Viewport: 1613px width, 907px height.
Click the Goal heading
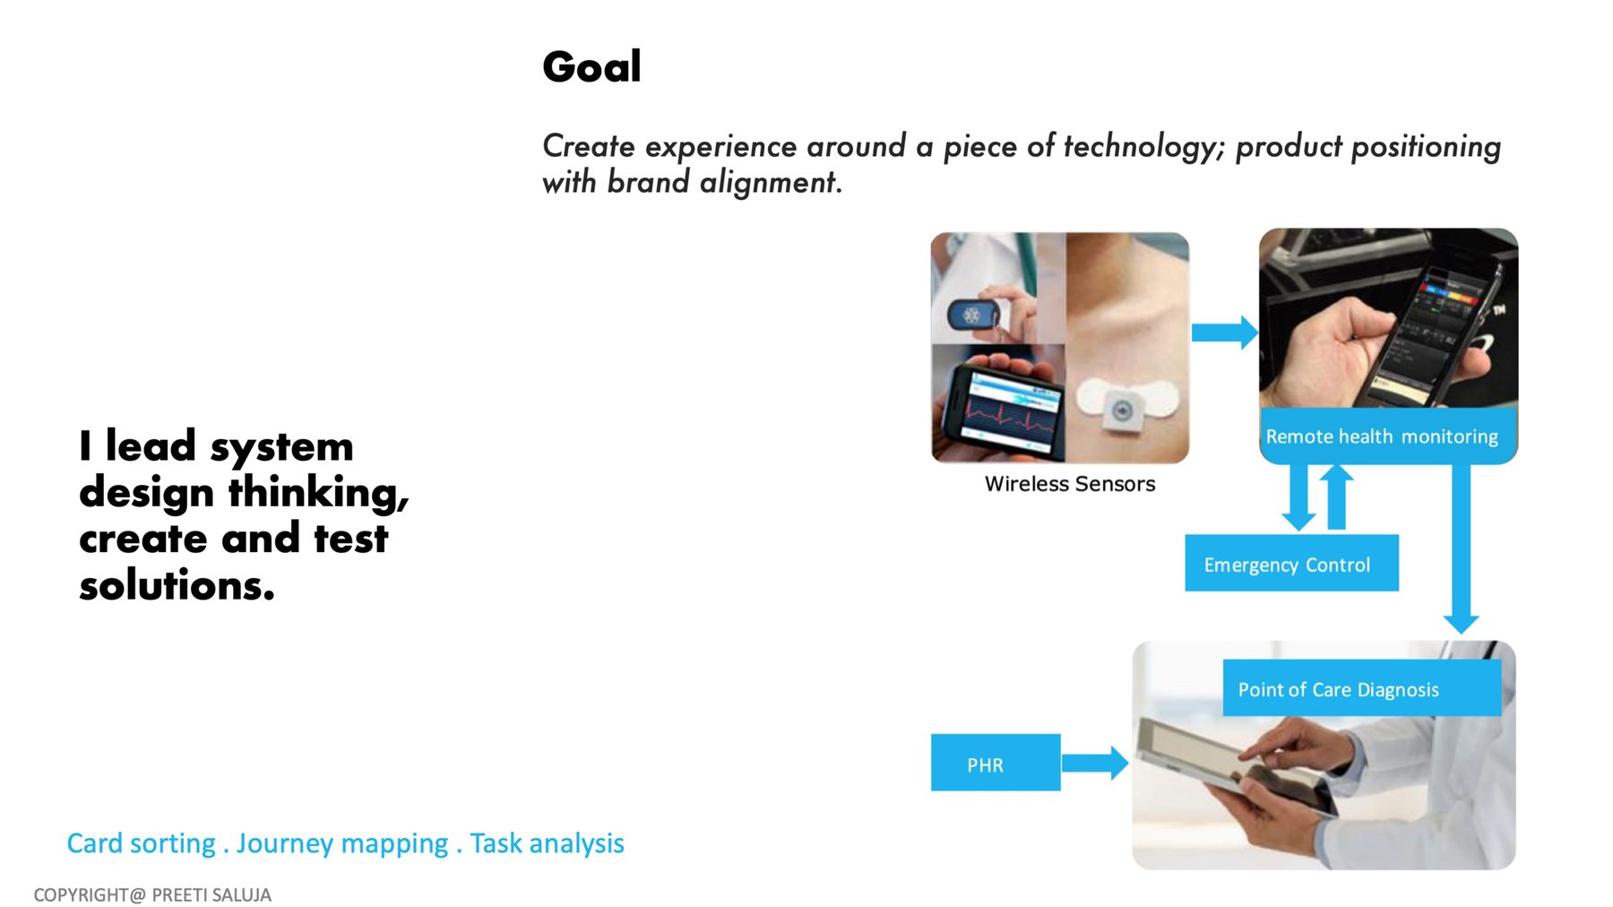[x=591, y=67]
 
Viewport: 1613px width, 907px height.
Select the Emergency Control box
[x=1291, y=563]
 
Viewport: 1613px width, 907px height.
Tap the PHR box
[x=996, y=763]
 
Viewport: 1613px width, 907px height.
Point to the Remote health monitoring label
[x=1382, y=436]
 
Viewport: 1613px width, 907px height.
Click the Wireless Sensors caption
[x=1070, y=484]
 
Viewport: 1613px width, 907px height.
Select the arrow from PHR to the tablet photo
[x=1095, y=763]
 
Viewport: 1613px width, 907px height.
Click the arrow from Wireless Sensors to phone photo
[x=1225, y=333]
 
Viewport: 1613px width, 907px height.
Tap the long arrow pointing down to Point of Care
[x=1461, y=549]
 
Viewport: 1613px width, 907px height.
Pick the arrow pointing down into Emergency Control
[x=1298, y=497]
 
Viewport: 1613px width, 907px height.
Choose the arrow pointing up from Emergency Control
[x=1336, y=497]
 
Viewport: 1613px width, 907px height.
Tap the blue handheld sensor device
[x=973, y=315]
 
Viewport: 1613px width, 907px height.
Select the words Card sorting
[x=141, y=843]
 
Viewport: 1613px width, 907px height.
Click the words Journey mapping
[x=342, y=843]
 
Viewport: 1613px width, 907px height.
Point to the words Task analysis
[x=547, y=843]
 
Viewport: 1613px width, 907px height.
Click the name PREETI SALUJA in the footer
[x=211, y=894]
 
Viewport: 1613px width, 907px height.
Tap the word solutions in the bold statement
[x=177, y=585]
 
